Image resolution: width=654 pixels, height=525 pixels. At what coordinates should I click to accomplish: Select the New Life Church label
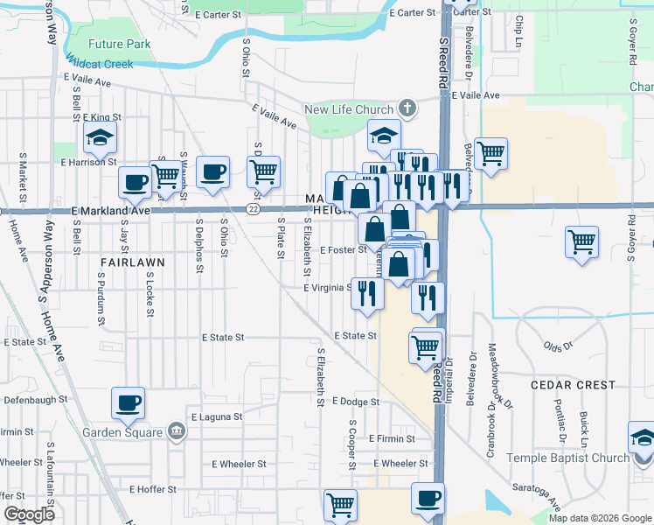[x=349, y=109]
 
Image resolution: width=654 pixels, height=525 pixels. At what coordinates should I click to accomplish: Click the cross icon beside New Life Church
[x=406, y=109]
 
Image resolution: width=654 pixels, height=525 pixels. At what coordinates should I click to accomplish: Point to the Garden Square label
[x=122, y=432]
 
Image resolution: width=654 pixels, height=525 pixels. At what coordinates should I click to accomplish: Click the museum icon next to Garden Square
[x=176, y=431]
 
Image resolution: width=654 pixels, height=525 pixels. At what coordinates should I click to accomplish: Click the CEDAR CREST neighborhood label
[x=572, y=385]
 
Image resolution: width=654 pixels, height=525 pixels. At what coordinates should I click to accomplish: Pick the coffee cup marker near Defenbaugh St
[x=129, y=403]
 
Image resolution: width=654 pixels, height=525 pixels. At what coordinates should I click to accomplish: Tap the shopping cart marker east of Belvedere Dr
[x=491, y=154]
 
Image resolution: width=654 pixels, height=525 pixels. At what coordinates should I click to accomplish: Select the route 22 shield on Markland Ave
[x=253, y=209]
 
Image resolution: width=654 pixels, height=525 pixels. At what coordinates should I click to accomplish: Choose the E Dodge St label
[x=356, y=401]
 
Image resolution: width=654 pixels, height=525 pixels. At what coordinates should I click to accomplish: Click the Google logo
[x=29, y=514]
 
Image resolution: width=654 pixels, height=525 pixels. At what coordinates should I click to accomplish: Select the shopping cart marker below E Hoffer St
[x=339, y=504]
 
